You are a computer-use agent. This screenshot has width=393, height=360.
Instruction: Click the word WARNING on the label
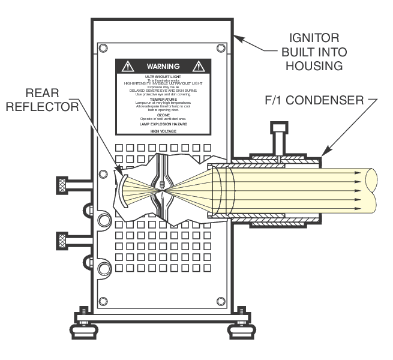point(163,66)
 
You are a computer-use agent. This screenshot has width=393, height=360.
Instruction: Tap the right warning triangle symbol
point(199,66)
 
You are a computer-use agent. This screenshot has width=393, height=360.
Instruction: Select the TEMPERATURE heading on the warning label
point(163,99)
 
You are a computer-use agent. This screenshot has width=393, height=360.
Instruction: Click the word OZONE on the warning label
point(163,115)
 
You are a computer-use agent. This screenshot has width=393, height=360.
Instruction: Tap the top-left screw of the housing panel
point(103,48)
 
